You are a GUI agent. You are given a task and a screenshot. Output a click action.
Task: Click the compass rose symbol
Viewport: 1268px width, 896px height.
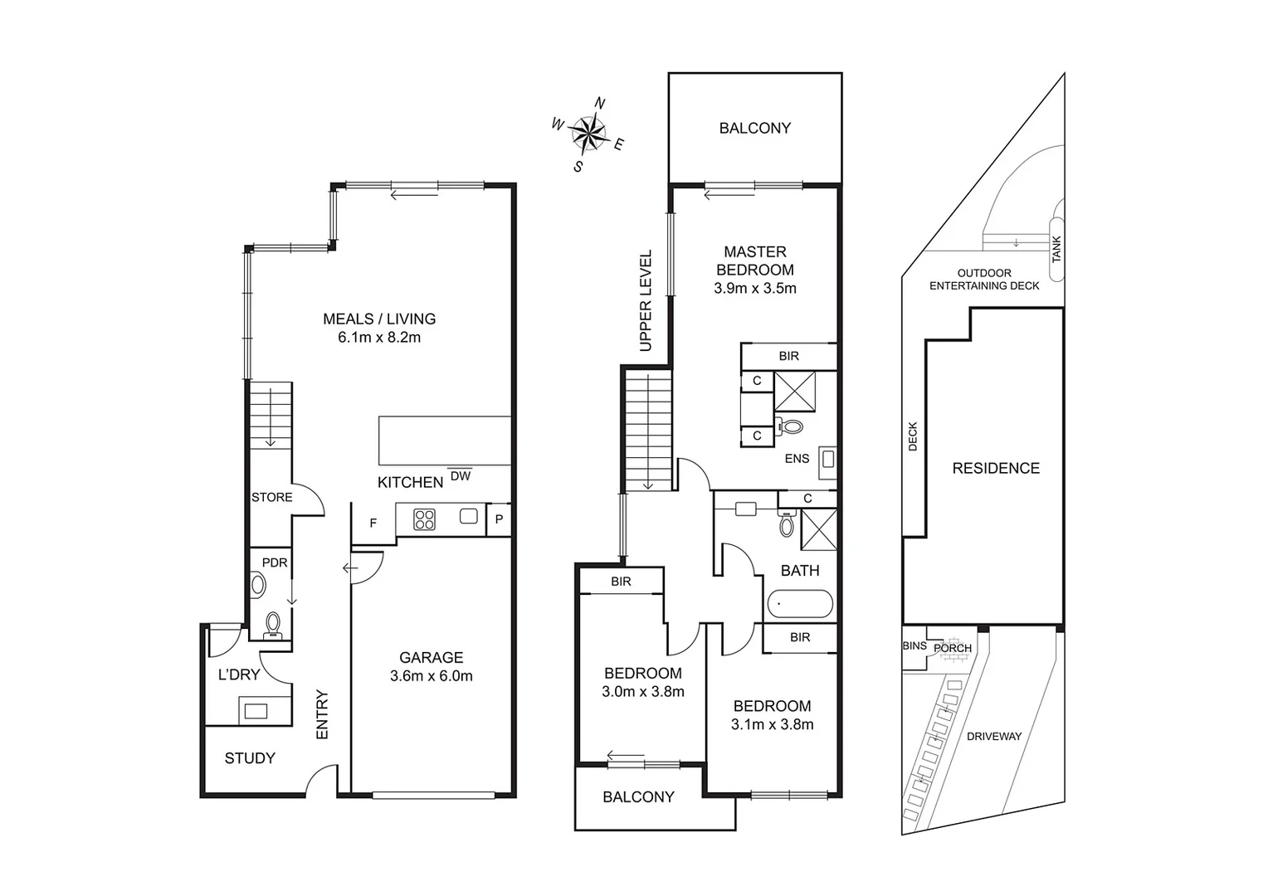[588, 134]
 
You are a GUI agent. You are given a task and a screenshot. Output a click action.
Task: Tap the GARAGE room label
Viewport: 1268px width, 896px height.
[431, 657]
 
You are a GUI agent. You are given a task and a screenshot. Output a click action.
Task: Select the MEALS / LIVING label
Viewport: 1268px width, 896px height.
[378, 319]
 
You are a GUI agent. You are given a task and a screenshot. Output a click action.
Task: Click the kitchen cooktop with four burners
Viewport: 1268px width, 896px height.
[424, 519]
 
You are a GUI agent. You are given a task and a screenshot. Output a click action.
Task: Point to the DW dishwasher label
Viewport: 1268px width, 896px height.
[460, 476]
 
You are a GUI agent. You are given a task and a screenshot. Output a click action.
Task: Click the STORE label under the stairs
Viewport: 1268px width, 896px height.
[272, 498]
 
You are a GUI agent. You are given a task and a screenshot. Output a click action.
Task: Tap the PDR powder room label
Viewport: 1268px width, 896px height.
[275, 562]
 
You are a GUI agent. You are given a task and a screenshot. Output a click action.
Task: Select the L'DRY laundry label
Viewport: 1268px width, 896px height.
[239, 674]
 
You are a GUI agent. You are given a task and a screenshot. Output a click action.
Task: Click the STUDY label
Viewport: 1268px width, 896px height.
[250, 758]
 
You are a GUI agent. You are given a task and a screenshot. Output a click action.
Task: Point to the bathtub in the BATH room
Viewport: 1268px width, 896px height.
[799, 604]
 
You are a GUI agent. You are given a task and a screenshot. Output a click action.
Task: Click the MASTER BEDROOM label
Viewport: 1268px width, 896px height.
[754, 261]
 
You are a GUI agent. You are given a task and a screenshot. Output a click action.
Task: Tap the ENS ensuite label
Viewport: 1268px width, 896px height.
[797, 459]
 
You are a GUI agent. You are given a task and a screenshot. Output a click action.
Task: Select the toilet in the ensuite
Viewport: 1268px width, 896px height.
[791, 427]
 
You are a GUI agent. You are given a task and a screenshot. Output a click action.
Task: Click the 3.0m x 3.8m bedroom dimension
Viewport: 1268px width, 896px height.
[642, 692]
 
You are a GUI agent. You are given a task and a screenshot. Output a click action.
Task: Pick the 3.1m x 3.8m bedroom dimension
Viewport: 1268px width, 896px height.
[772, 724]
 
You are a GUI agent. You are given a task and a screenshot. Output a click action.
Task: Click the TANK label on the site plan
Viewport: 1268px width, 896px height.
[1056, 249]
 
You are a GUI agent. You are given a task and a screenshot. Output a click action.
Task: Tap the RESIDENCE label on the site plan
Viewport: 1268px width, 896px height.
[995, 468]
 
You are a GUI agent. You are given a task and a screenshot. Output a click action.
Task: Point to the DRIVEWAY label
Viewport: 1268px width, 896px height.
[993, 736]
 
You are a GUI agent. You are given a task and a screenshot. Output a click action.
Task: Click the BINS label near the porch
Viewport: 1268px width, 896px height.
[914, 645]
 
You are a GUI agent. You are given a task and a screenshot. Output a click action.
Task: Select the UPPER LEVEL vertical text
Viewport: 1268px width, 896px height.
[646, 300]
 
